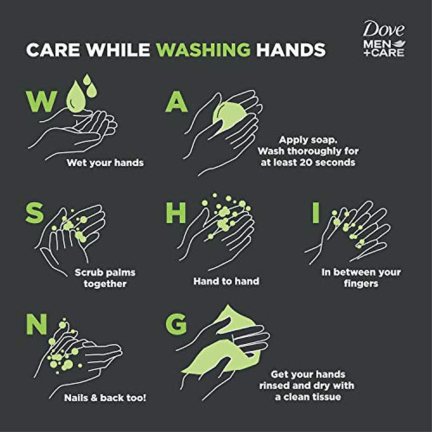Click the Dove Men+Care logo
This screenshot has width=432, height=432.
click(x=384, y=39)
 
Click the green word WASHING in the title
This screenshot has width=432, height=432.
click(x=203, y=50)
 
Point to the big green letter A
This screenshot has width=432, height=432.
click(x=176, y=102)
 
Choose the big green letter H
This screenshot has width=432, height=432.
click(x=176, y=213)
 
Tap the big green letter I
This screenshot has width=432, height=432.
click(x=316, y=213)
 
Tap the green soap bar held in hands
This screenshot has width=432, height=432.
click(x=229, y=117)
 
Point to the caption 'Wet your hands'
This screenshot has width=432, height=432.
click(x=105, y=163)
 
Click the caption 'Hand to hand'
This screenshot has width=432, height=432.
click(x=226, y=281)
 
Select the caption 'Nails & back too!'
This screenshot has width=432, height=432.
click(x=105, y=398)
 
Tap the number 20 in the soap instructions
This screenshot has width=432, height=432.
click(x=311, y=162)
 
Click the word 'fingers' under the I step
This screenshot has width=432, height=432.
click(x=361, y=284)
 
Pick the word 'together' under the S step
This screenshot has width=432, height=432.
click(x=105, y=284)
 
